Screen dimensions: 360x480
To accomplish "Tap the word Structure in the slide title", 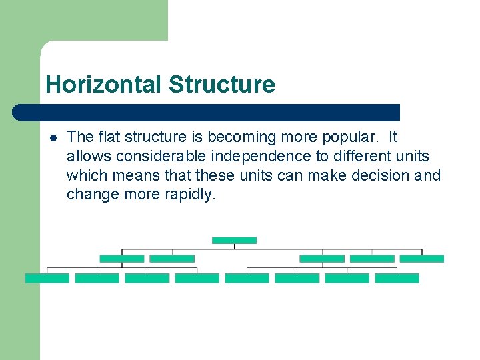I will coord(221,85).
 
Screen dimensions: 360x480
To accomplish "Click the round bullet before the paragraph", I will coord(53,138).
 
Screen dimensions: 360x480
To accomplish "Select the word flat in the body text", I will coord(110,137).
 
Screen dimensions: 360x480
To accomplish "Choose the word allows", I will coord(89,157).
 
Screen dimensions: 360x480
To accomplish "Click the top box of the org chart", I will coord(234,240).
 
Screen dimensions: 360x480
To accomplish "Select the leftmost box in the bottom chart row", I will coord(47,279).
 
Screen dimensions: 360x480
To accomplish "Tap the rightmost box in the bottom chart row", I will coord(397,279).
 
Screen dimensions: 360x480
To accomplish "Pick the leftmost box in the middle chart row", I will coord(121,259).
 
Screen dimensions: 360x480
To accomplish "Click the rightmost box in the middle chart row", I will coord(422,259).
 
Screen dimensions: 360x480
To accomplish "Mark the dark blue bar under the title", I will coord(207,113).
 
